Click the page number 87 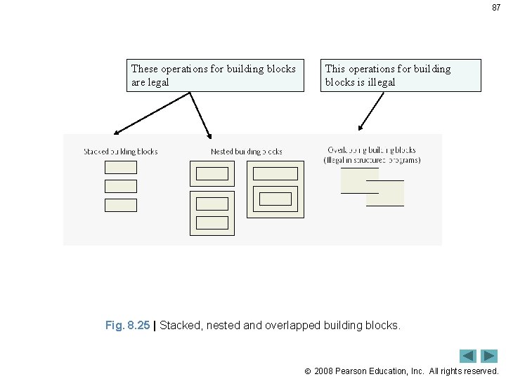pos(496,8)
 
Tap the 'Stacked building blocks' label pos(120,152)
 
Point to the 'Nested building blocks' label pos(246,152)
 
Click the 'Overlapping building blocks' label pos(371,149)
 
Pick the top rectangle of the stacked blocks pos(121,167)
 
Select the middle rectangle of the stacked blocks pos(121,186)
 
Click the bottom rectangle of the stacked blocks pos(121,205)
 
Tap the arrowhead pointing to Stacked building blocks pos(117,132)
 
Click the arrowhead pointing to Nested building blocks pos(209,133)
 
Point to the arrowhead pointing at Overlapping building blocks pos(361,128)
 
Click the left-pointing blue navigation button pos(467,356)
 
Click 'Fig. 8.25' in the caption pos(127,326)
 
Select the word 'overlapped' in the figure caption pos(290,326)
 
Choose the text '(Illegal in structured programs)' pos(372,160)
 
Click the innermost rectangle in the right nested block pos(275,199)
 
